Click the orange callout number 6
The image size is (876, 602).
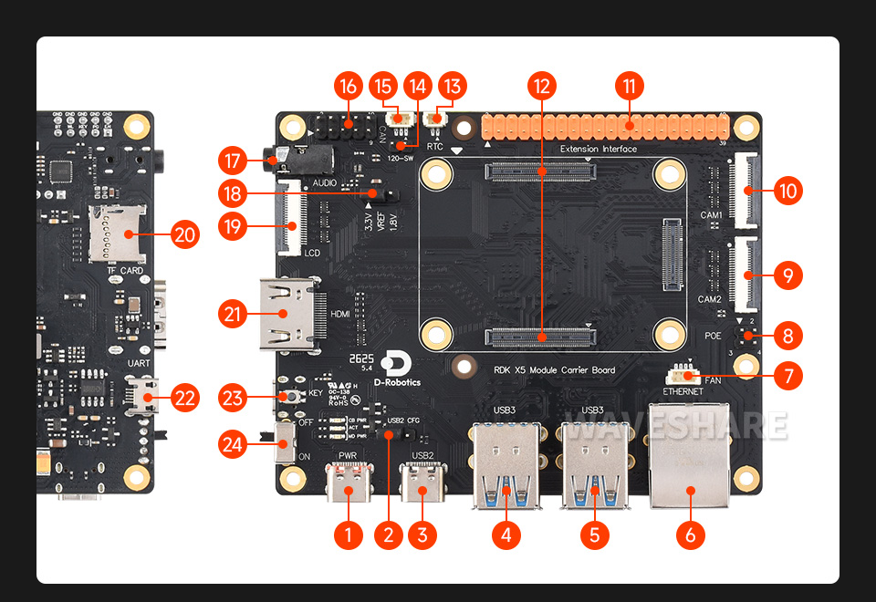(x=690, y=535)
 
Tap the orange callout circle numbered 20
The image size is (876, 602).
(x=184, y=234)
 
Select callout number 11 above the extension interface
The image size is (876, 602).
(x=628, y=87)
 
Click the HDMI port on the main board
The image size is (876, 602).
(x=290, y=315)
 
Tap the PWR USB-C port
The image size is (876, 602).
(x=347, y=483)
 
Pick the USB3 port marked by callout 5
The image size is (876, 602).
(x=593, y=465)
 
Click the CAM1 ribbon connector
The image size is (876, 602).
(x=746, y=192)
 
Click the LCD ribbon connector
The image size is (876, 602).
(x=292, y=216)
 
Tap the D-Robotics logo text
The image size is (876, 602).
(x=397, y=382)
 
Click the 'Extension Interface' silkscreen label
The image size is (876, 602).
(x=598, y=149)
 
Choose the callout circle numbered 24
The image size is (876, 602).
(x=235, y=444)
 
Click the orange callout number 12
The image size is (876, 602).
(x=542, y=87)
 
